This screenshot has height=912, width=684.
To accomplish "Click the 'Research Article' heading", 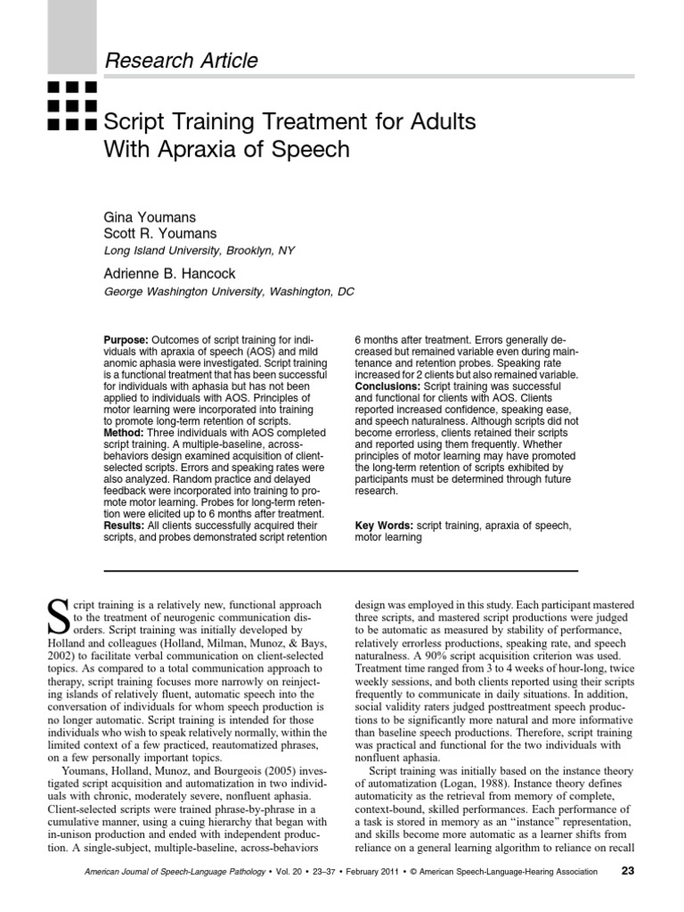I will (182, 61).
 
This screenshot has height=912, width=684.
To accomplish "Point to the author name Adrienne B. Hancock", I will (171, 273).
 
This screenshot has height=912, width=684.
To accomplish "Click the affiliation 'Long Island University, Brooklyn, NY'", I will (199, 250).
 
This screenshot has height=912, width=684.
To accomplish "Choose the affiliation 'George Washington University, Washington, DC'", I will (228, 291).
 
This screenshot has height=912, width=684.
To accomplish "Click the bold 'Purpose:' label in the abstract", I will (127, 340).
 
